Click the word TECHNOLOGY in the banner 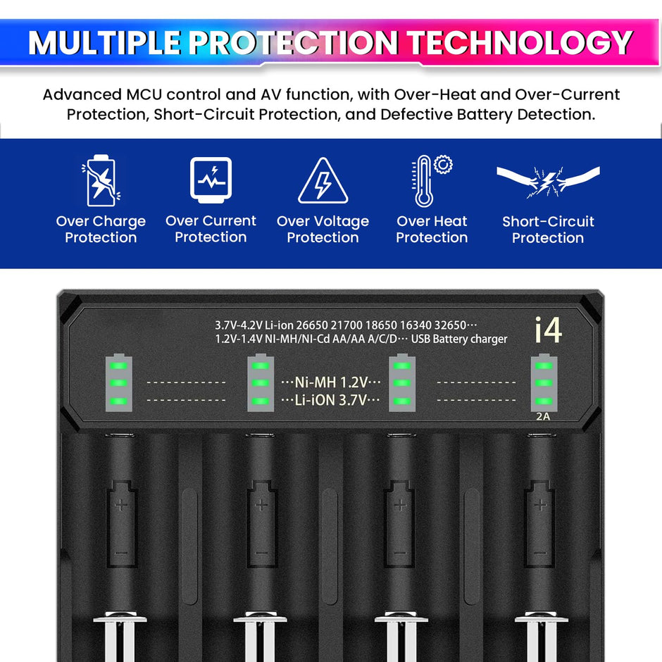(520, 44)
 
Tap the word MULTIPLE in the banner (105, 44)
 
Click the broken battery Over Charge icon (100, 180)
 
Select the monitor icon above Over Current (211, 179)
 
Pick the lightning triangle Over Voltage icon (323, 182)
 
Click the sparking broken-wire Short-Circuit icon (548, 182)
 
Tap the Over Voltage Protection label (323, 230)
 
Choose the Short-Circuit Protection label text (548, 230)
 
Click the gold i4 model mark (548, 330)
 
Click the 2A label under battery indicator (543, 416)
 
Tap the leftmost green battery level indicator (119, 382)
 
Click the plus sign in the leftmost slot (120, 504)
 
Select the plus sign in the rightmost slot (540, 504)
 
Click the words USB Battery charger (459, 339)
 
